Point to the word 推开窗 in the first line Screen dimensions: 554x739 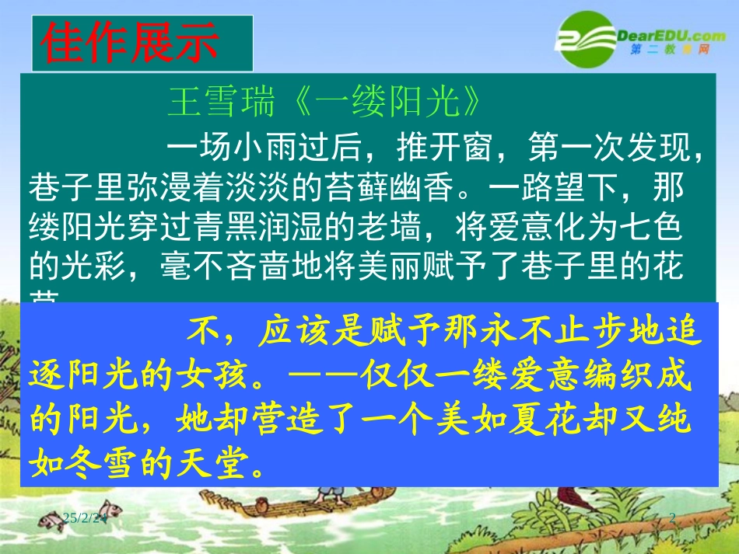point(440,145)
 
